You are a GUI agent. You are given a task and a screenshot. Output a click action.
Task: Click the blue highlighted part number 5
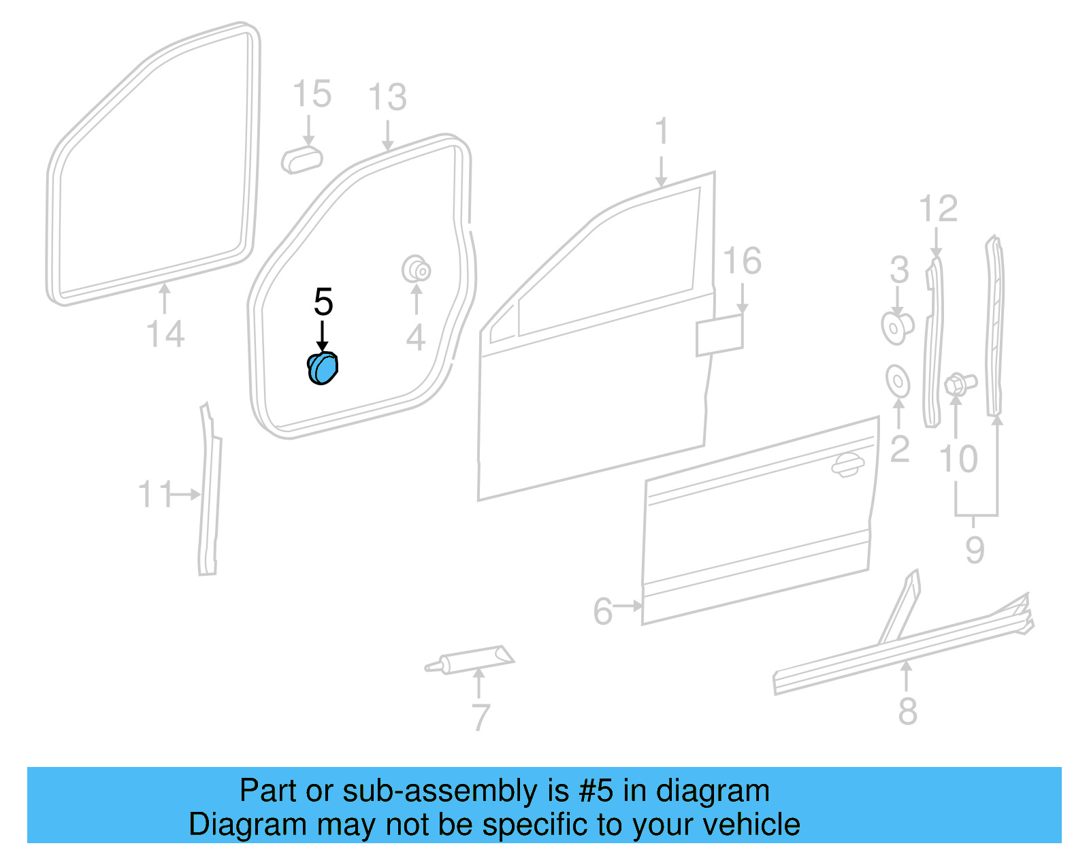(323, 368)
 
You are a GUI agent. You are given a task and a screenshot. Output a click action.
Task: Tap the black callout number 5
(323, 302)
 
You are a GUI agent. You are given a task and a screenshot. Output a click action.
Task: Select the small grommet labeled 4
(416, 269)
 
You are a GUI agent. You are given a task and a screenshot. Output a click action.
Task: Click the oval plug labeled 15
(302, 159)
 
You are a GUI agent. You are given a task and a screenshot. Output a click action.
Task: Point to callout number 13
(387, 98)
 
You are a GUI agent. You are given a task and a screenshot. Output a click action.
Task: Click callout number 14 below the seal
(165, 335)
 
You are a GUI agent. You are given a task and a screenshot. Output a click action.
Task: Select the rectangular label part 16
(719, 335)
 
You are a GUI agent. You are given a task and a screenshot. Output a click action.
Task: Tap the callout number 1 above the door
(662, 131)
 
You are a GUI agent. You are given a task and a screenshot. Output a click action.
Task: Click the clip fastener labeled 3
(896, 327)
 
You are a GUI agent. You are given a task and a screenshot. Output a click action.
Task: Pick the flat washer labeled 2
(898, 381)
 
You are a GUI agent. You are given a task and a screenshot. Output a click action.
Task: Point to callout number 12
(938, 209)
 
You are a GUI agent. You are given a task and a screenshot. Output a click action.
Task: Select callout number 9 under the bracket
(975, 549)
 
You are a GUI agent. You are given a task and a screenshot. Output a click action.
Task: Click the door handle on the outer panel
(847, 465)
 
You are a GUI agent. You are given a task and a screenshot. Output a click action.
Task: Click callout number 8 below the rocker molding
(907, 711)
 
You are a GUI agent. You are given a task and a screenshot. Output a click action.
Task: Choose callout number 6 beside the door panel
(602, 611)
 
